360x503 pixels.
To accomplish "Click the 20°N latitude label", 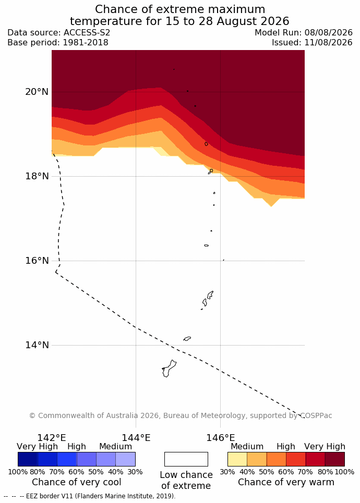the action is tap(37, 92).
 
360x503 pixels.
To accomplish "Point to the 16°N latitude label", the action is tap(37, 261).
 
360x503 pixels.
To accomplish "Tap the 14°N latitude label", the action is tap(37, 345).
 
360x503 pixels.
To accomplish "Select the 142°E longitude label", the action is tap(52, 437).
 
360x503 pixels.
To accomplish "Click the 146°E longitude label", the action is tap(220, 437).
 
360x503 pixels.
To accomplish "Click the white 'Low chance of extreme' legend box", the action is tap(186, 459).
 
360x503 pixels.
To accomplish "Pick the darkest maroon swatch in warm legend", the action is tap(335, 459).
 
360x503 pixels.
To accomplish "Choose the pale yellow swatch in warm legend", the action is tap(237, 459).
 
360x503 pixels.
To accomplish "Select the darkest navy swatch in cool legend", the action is tap(28, 459).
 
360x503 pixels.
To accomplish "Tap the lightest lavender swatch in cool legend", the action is tap(126, 459).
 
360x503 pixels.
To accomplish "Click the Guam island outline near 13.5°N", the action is tap(168, 369).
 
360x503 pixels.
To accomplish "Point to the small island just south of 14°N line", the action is tap(187, 338).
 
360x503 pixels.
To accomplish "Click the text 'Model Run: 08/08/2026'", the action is tap(304, 33).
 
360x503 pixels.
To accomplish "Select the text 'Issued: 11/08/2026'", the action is tap(312, 43).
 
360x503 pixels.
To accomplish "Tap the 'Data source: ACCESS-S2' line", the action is tap(59, 33).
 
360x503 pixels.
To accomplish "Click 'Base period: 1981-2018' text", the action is tap(58, 43).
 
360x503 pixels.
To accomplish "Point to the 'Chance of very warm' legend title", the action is tap(286, 482).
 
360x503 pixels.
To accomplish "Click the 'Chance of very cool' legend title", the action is tap(76, 482).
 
